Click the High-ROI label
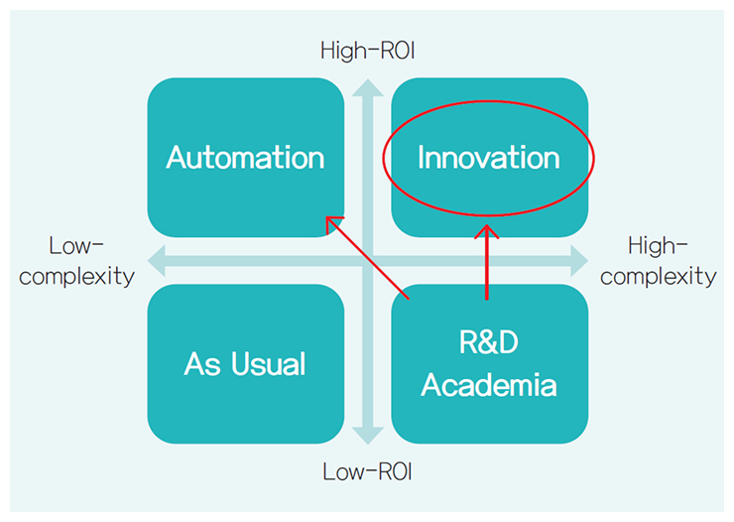(367, 50)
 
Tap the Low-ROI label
(367, 471)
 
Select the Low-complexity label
(76, 260)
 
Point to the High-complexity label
(658, 260)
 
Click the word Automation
(245, 157)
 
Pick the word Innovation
(488, 157)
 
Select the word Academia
(488, 384)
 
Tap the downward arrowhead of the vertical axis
(367, 438)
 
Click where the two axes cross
(367, 261)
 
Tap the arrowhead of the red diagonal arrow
(333, 222)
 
